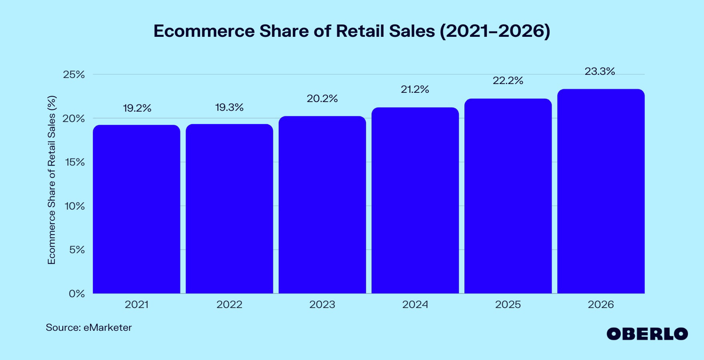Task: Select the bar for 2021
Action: (136, 209)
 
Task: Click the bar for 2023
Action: (322, 205)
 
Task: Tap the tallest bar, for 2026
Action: (601, 191)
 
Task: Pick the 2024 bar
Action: (415, 201)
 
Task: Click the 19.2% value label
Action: (136, 108)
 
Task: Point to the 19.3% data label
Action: (229, 108)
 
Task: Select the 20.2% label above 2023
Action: (322, 99)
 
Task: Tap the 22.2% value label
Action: (508, 81)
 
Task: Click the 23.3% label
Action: (601, 71)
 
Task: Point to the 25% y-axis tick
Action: (73, 75)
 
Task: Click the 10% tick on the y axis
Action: (73, 206)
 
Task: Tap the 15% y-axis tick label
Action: (73, 163)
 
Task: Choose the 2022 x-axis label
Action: (229, 304)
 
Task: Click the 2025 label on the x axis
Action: (508, 304)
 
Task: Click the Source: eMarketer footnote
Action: (89, 328)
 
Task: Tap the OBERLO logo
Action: (647, 334)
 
